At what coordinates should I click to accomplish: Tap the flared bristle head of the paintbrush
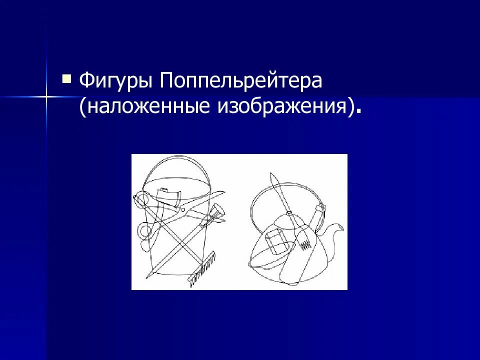coord(218,214)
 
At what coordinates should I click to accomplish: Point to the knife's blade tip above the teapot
coord(272,177)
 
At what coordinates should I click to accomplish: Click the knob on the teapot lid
coord(289,214)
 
